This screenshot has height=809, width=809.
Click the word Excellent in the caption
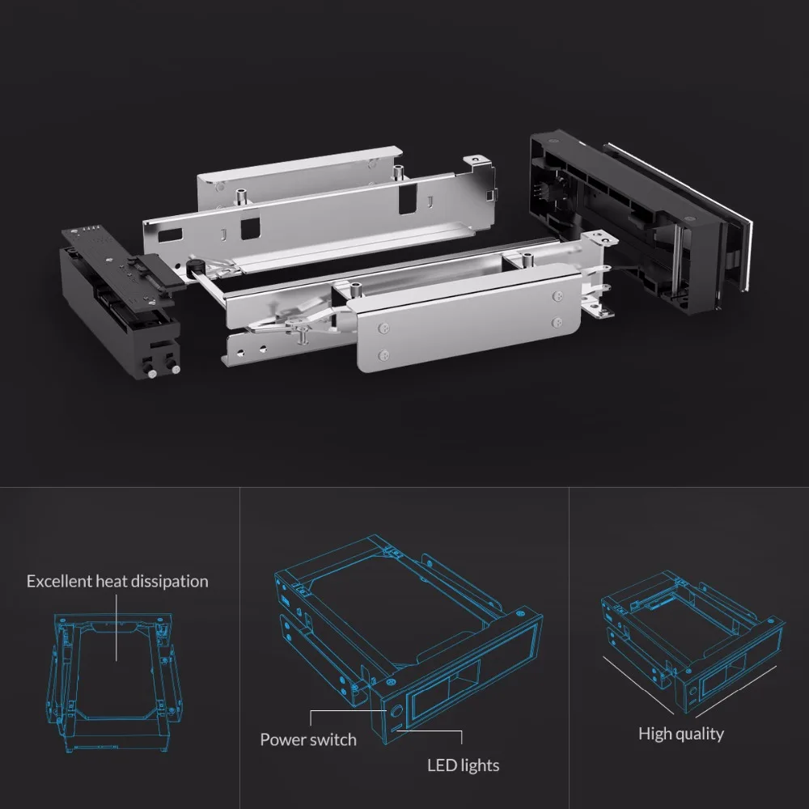tap(60, 581)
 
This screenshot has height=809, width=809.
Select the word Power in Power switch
tap(283, 739)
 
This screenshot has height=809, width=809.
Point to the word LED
tap(443, 765)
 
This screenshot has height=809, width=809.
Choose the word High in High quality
tap(656, 734)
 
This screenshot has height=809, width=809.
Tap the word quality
tap(701, 734)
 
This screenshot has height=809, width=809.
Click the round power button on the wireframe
tap(395, 714)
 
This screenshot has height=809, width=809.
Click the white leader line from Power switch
tap(340, 712)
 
